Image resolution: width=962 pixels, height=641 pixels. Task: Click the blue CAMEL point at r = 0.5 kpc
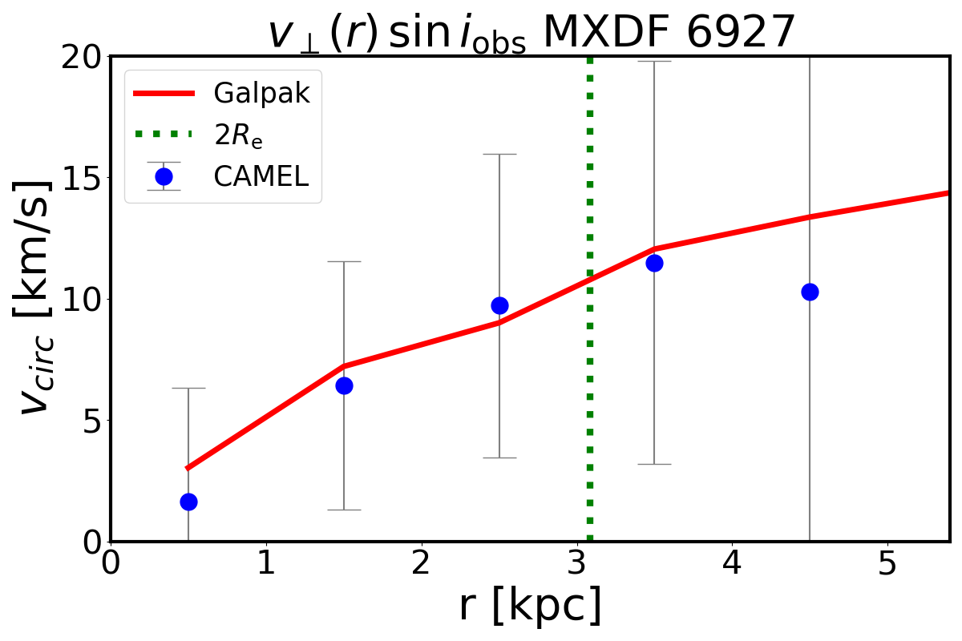[x=188, y=502]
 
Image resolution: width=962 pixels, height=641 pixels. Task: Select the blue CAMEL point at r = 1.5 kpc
[x=344, y=385]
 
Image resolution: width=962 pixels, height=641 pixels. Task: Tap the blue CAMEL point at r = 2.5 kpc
[x=499, y=305]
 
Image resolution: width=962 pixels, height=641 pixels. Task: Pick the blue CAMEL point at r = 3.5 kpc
[x=654, y=263]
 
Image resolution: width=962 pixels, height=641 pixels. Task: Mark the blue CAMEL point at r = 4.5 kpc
[x=810, y=292]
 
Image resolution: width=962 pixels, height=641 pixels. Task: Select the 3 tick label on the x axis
[x=576, y=565]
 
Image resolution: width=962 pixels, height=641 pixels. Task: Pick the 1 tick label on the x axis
[x=266, y=565]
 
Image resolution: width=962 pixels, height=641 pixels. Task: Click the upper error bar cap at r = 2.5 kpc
[x=499, y=154]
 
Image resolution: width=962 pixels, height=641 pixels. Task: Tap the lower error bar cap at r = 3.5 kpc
[x=654, y=464]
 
